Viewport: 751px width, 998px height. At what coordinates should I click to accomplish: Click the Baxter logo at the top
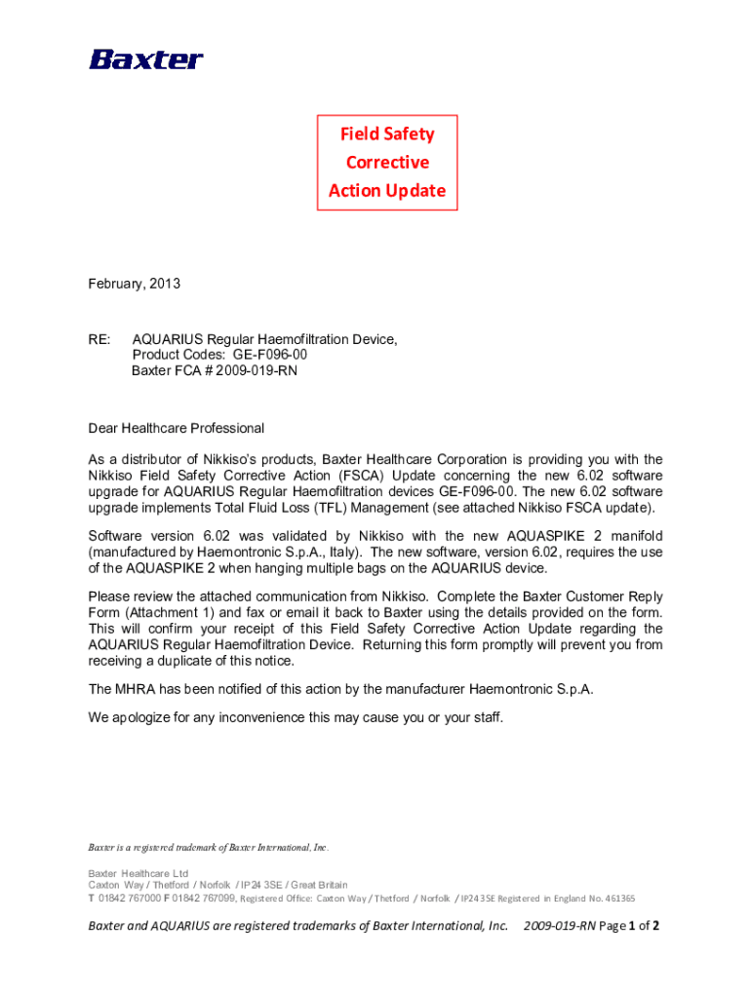click(x=146, y=59)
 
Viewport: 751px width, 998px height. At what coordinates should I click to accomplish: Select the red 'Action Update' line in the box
click(x=387, y=190)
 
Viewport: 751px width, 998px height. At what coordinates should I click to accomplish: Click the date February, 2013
click(x=134, y=284)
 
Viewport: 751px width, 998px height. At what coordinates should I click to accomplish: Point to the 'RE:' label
click(x=99, y=339)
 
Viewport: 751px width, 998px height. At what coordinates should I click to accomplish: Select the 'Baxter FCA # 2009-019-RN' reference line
click(x=215, y=371)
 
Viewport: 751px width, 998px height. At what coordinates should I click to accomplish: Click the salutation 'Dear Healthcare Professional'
click(x=176, y=428)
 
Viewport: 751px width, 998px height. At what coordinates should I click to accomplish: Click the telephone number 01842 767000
click(x=130, y=898)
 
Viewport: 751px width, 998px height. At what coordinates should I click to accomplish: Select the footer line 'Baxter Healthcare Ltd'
click(x=138, y=872)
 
